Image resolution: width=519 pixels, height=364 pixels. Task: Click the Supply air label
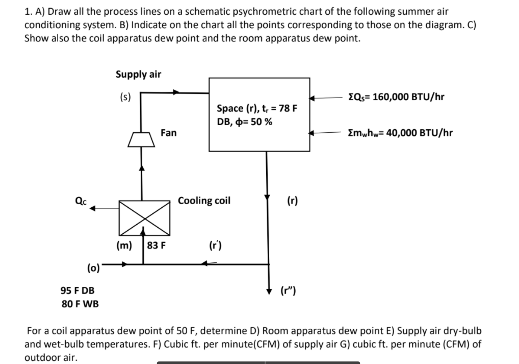[x=138, y=75]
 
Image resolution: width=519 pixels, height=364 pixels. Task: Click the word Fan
[x=168, y=133]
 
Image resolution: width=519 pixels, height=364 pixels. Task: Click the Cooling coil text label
[x=204, y=201]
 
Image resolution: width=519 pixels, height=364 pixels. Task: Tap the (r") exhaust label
[x=289, y=292]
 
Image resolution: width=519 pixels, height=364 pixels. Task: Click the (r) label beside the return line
[x=294, y=200]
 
